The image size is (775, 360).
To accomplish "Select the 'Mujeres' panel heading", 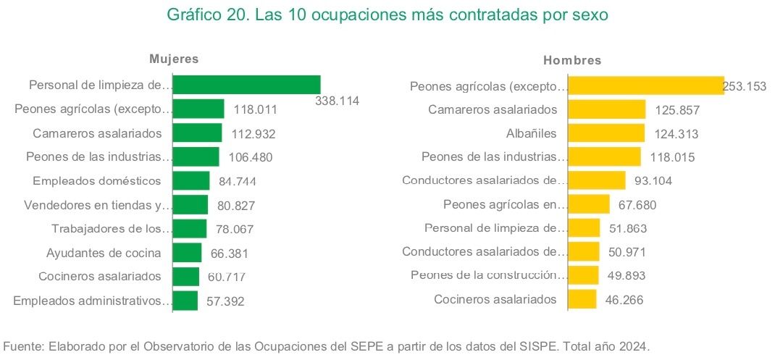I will (x=174, y=59).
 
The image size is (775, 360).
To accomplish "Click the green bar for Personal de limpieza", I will (x=247, y=85).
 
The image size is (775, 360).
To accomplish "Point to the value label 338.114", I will (x=338, y=101).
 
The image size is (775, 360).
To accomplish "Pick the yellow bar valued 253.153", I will (x=645, y=86).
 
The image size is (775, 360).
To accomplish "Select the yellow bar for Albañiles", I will (x=606, y=133).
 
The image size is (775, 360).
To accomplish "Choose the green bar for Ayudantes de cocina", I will (x=188, y=253).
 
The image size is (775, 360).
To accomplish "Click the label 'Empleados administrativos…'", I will (x=93, y=301).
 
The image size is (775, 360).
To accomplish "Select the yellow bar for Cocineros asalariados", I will (x=582, y=299).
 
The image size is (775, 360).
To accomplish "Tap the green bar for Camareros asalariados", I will (x=198, y=133).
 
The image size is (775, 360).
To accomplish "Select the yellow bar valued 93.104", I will (x=597, y=180).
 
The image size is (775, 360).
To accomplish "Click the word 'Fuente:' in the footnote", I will (x=25, y=346).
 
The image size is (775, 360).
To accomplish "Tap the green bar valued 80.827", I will (x=191, y=205).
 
